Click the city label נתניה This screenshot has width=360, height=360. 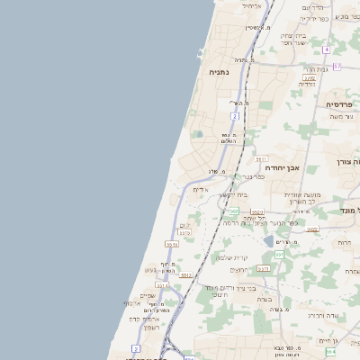[219, 71]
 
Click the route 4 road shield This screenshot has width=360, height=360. [327, 49]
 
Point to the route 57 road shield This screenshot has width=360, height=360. [337, 67]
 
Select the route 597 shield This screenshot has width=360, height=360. [279, 255]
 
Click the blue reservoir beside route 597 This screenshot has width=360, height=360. [269, 240]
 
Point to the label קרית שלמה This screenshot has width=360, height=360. [231, 257]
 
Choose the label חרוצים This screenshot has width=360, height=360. [238, 270]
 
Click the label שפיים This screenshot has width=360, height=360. [148, 296]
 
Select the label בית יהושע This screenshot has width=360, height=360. [233, 194]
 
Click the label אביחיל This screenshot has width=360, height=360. [253, 5]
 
